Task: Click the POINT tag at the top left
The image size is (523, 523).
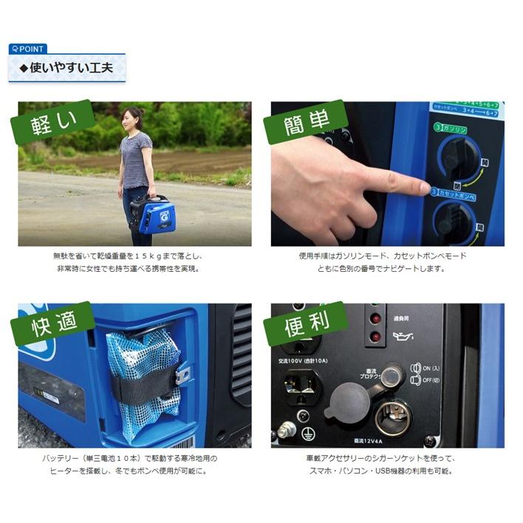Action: tap(27, 49)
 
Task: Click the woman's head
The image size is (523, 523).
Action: tap(132, 117)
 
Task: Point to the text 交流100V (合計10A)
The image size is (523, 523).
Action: tap(305, 361)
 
